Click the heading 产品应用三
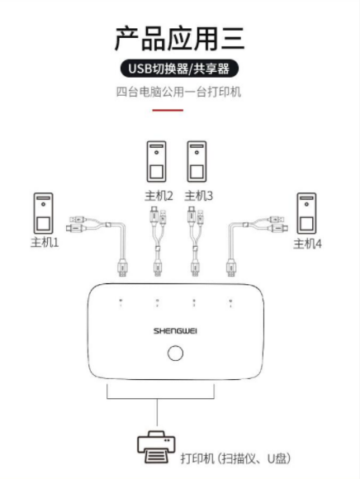[179, 39]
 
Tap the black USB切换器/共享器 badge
[179, 69]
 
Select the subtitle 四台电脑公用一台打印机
[178, 92]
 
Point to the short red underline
[168, 110]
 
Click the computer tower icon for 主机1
[43, 213]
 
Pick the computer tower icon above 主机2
[157, 161]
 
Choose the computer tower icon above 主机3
[197, 161]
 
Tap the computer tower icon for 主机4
[306, 213]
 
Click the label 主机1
[45, 242]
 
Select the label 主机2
[159, 196]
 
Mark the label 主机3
[199, 196]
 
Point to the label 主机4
[307, 244]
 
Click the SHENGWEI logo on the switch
[175, 331]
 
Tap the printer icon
[156, 447]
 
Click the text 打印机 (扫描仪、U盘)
[235, 458]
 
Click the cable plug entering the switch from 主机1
[122, 268]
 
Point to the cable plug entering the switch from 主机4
[231, 268]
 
